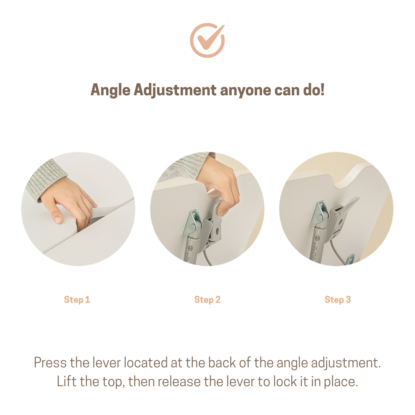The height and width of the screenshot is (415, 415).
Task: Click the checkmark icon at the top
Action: (x=207, y=40)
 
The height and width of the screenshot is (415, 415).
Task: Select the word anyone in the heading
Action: (x=245, y=91)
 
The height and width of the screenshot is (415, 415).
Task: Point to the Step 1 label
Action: (x=77, y=300)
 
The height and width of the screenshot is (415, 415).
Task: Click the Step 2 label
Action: (x=207, y=300)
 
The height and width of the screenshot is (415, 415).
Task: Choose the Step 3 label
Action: (x=338, y=300)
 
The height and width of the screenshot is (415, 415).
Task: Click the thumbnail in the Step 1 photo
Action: (x=58, y=219)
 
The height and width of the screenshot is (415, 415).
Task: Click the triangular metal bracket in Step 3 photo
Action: (x=320, y=214)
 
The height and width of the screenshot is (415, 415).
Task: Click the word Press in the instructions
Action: (x=50, y=363)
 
